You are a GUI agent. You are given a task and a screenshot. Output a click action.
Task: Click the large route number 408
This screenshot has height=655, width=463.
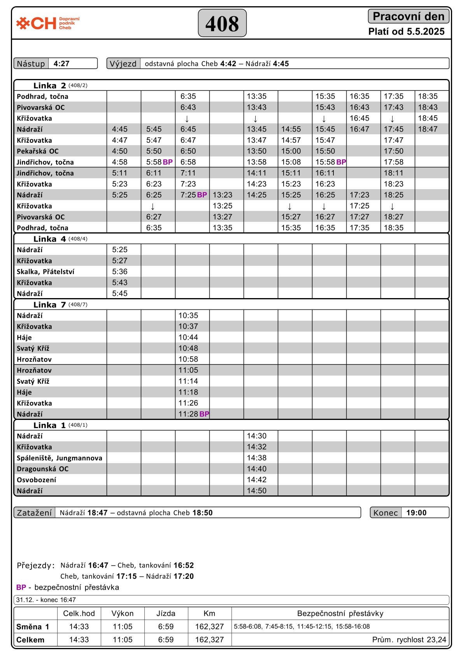click(x=222, y=23)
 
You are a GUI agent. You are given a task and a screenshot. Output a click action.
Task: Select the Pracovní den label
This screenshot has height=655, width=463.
click(x=409, y=16)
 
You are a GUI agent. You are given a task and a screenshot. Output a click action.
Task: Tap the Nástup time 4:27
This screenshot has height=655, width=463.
click(x=61, y=63)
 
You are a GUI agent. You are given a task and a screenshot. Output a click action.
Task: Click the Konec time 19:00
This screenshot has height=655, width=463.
click(x=416, y=513)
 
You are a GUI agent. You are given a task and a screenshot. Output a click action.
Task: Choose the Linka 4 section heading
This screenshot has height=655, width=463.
click(x=49, y=239)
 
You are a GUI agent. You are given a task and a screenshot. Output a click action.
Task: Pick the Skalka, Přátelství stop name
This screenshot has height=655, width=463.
click(x=46, y=272)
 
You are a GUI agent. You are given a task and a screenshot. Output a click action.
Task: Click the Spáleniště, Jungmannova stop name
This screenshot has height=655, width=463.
click(x=60, y=458)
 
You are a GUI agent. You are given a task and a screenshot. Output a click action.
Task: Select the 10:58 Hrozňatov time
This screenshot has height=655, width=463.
click(x=188, y=359)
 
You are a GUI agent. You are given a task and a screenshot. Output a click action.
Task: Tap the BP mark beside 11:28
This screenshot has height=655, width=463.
click(x=204, y=414)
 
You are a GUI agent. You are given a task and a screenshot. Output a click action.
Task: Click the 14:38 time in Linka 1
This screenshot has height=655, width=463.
click(x=257, y=458)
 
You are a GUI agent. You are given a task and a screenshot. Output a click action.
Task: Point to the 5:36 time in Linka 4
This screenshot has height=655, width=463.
click(x=120, y=272)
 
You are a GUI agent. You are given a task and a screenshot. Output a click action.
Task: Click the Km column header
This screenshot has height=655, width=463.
click(x=209, y=613)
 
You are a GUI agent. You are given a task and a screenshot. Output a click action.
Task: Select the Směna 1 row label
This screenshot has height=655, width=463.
click(x=33, y=627)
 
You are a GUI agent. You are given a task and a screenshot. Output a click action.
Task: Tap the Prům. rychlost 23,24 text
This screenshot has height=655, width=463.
click(x=409, y=640)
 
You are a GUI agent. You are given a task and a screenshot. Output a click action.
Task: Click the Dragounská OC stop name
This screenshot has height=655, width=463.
click(x=43, y=469)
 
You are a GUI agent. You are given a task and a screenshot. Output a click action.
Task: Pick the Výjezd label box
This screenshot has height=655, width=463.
click(x=123, y=63)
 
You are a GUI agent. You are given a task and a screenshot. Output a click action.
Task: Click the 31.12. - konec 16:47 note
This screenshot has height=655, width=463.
click(x=46, y=600)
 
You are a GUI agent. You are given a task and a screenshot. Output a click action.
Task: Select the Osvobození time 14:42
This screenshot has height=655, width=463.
click(x=257, y=480)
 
